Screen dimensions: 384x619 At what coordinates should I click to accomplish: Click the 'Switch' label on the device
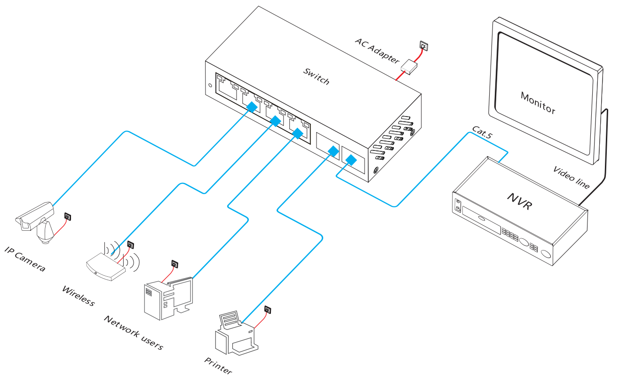point(316,76)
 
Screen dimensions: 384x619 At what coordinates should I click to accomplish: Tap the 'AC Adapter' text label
point(377,51)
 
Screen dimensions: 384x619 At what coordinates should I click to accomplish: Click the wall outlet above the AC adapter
point(424,46)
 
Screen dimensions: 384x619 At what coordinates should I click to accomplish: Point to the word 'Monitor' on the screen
point(538,102)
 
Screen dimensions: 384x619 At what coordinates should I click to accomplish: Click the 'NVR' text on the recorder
point(519,200)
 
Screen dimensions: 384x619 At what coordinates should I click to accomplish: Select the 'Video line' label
point(571,178)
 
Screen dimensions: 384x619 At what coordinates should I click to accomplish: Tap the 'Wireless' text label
point(78,296)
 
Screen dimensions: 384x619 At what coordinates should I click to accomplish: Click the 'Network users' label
point(133,333)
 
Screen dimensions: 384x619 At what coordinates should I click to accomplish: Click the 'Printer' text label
point(218,366)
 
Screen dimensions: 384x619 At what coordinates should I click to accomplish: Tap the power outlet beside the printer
point(268,309)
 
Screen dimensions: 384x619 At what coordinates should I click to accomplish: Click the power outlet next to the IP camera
point(68,217)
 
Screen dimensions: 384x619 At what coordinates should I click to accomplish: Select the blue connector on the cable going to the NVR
point(350,160)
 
